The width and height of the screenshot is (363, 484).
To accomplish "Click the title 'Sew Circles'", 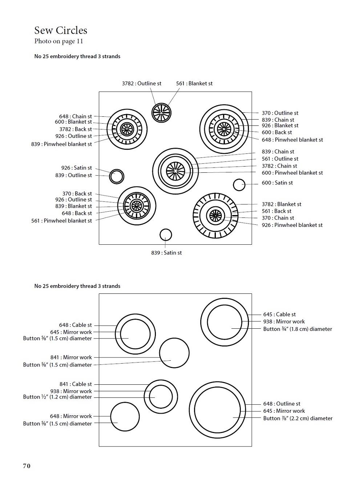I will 61,30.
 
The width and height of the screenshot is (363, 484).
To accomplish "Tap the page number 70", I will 27,466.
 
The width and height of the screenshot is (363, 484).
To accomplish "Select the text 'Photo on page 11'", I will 59,41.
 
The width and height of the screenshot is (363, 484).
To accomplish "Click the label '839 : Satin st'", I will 166,253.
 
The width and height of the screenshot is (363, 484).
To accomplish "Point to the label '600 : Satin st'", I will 277,183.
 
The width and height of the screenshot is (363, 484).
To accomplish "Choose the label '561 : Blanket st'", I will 194,84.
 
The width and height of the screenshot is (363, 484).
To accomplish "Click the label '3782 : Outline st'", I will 142,84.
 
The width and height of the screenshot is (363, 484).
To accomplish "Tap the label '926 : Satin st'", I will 76,168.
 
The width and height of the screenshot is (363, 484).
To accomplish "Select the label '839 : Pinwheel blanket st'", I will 61,144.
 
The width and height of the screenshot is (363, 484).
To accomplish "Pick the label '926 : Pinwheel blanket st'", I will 292,225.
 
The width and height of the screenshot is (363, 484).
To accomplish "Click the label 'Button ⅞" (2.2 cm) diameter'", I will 298,419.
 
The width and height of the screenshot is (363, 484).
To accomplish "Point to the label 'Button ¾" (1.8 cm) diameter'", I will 298,329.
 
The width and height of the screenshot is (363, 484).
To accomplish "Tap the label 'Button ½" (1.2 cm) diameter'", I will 57,397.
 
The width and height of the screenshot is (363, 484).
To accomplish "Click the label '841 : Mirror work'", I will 71,357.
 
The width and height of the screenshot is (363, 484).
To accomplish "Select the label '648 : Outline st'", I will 282,404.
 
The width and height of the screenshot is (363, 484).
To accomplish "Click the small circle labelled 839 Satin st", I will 166,235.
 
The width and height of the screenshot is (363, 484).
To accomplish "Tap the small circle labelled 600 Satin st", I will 239,185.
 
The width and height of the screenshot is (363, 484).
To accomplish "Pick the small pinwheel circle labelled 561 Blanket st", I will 161,112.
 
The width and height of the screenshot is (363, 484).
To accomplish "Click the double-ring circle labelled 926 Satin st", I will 117,176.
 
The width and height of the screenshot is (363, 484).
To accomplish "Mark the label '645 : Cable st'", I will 279,315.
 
